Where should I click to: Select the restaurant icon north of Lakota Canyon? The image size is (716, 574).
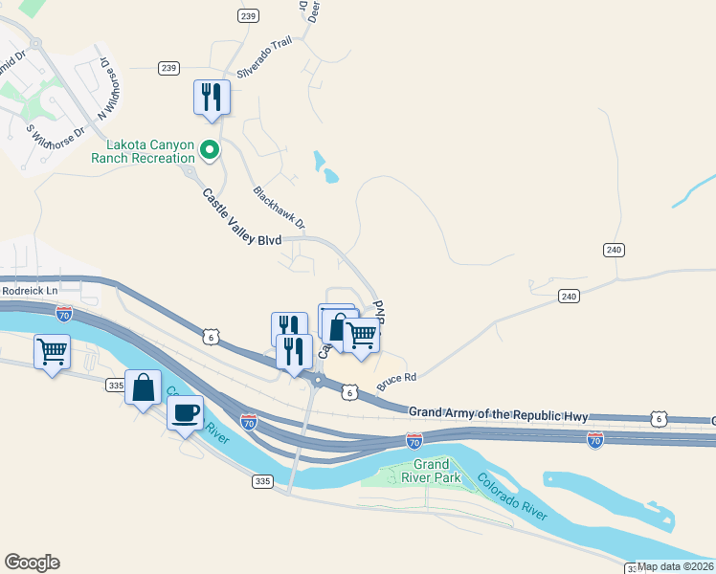pos(211,97)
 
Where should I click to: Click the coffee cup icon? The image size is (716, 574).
pos(186,412)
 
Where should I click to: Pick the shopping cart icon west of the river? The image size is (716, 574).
pos(52,351)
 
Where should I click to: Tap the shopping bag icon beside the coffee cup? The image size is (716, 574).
pos(143,387)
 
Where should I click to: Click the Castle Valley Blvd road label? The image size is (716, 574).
pos(242,217)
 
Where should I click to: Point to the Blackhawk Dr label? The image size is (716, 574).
pos(279,207)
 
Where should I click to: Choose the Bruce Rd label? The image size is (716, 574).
pos(396,378)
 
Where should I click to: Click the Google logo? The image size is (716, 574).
pos(32,563)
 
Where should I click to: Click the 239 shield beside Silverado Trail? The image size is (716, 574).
pos(169,67)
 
